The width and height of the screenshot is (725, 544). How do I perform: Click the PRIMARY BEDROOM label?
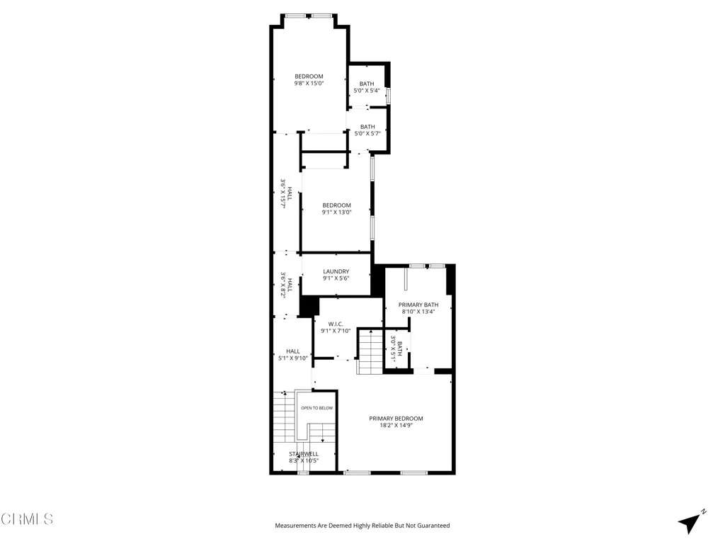click(x=396, y=418)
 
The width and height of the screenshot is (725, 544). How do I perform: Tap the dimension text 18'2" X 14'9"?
click(x=396, y=426)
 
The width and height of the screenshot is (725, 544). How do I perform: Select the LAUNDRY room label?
click(x=336, y=271)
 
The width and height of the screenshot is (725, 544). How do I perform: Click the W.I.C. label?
click(x=336, y=323)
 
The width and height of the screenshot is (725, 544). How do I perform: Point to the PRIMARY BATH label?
click(x=418, y=305)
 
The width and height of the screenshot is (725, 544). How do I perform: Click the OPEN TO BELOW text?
click(x=316, y=408)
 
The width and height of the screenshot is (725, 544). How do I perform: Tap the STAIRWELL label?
click(x=303, y=453)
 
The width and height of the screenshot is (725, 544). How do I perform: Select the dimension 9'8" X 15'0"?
click(x=309, y=84)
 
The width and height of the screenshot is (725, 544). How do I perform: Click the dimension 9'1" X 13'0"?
click(x=336, y=212)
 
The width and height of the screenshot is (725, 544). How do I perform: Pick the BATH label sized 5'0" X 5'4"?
click(x=367, y=84)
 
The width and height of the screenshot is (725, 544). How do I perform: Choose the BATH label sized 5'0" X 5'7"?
click(x=367, y=126)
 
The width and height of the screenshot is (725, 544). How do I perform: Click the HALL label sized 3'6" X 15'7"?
click(x=289, y=192)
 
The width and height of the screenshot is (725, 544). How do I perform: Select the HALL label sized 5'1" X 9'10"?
click(x=292, y=351)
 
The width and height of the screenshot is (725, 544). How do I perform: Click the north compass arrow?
click(x=690, y=522)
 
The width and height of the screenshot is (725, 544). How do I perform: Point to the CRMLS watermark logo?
click(x=27, y=519)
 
